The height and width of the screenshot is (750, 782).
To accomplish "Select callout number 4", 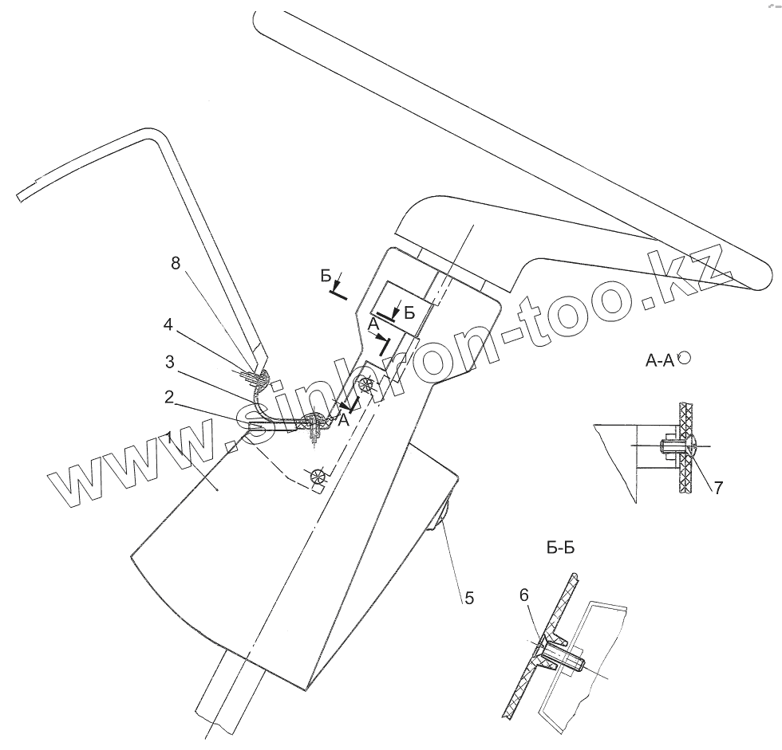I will point(169,325).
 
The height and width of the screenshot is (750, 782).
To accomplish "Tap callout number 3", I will point(170,361).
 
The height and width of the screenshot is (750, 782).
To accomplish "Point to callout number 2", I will point(170,396).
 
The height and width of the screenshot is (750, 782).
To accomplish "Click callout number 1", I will point(170,435).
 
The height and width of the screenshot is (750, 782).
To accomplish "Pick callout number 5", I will point(468,597).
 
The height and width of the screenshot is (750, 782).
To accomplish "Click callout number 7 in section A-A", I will point(717,487).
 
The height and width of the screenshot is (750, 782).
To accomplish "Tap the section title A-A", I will point(658,361).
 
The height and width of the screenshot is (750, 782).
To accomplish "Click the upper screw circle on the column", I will point(367,387).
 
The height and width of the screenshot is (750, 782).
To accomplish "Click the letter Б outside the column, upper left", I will point(325,275).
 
